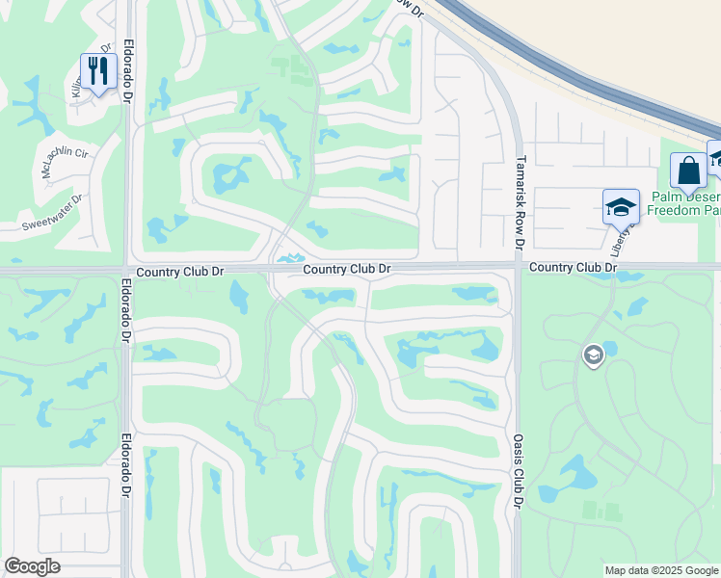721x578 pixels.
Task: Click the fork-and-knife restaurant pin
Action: point(98,72)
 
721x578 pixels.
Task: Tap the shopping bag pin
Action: point(688,172)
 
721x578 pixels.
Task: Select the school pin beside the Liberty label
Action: point(621,207)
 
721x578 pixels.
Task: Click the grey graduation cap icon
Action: point(593,355)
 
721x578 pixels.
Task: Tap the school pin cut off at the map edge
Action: point(715,160)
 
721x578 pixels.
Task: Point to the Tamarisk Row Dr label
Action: point(520,202)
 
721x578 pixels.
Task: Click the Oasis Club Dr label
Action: point(518,470)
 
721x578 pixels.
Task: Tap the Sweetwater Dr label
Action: point(53,213)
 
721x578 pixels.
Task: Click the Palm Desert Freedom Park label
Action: point(684,202)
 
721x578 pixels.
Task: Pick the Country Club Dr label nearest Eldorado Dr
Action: point(180,273)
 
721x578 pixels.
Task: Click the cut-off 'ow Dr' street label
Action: point(410,7)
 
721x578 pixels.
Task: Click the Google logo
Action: point(33,566)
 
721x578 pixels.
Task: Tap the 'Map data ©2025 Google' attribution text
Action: point(661,570)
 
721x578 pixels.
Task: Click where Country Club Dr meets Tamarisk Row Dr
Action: point(518,268)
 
